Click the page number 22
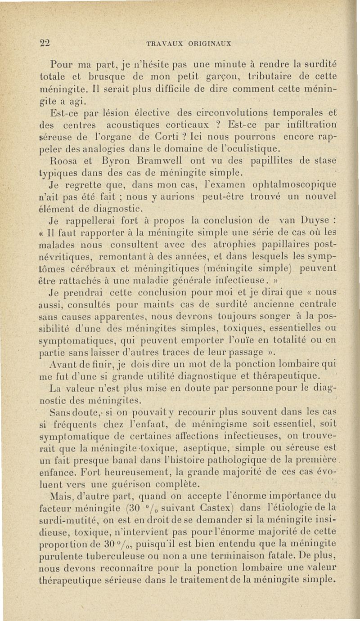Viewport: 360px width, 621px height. coord(44,44)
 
